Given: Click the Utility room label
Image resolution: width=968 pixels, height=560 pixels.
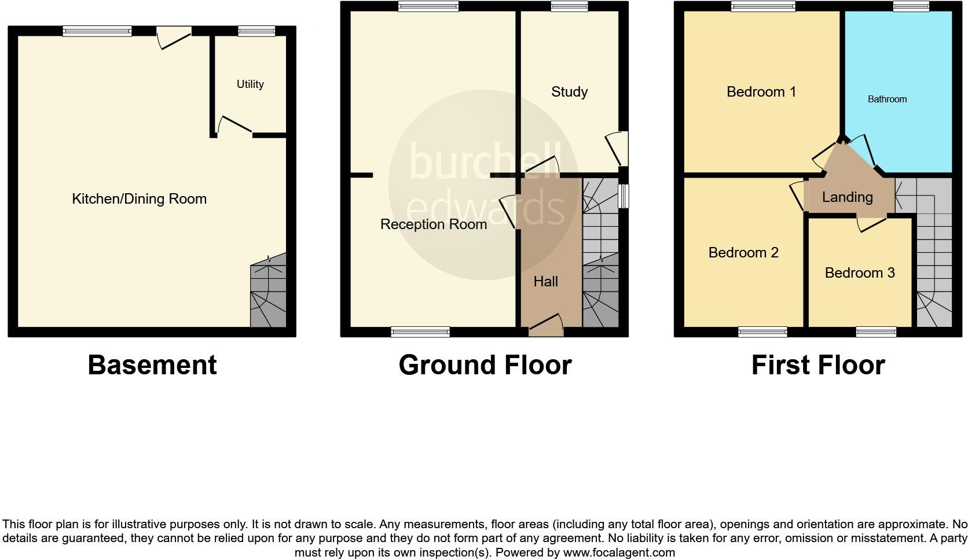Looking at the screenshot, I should click(x=250, y=84).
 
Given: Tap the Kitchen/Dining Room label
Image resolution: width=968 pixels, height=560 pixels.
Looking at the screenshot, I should click(x=139, y=199).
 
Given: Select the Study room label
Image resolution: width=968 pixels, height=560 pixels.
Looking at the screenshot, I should click(x=569, y=92).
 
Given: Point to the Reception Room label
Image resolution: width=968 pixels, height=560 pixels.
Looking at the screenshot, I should click(x=433, y=224).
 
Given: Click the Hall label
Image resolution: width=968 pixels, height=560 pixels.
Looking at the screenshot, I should click(x=545, y=282).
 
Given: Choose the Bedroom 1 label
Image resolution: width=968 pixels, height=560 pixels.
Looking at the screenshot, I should click(x=761, y=92).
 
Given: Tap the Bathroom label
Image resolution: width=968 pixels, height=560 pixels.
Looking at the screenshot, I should click(x=887, y=100).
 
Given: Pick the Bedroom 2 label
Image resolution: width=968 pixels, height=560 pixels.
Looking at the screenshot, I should click(x=743, y=253).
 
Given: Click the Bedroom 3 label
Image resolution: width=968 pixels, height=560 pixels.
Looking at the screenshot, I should click(x=859, y=272).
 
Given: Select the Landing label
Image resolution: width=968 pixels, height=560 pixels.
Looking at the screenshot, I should click(x=847, y=197).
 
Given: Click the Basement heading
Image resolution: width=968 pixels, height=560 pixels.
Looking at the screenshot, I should click(x=152, y=365).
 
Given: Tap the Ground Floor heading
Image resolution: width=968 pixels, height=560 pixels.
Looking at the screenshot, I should click(x=485, y=365).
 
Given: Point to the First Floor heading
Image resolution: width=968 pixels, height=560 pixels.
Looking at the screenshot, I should click(x=818, y=365).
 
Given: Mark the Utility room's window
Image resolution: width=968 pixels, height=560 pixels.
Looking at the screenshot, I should click(x=256, y=31).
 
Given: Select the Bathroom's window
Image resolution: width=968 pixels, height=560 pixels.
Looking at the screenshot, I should click(x=910, y=7).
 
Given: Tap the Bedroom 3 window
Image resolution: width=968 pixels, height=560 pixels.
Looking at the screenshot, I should click(x=876, y=332).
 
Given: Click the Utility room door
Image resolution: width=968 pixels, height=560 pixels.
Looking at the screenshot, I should click(x=233, y=126).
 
